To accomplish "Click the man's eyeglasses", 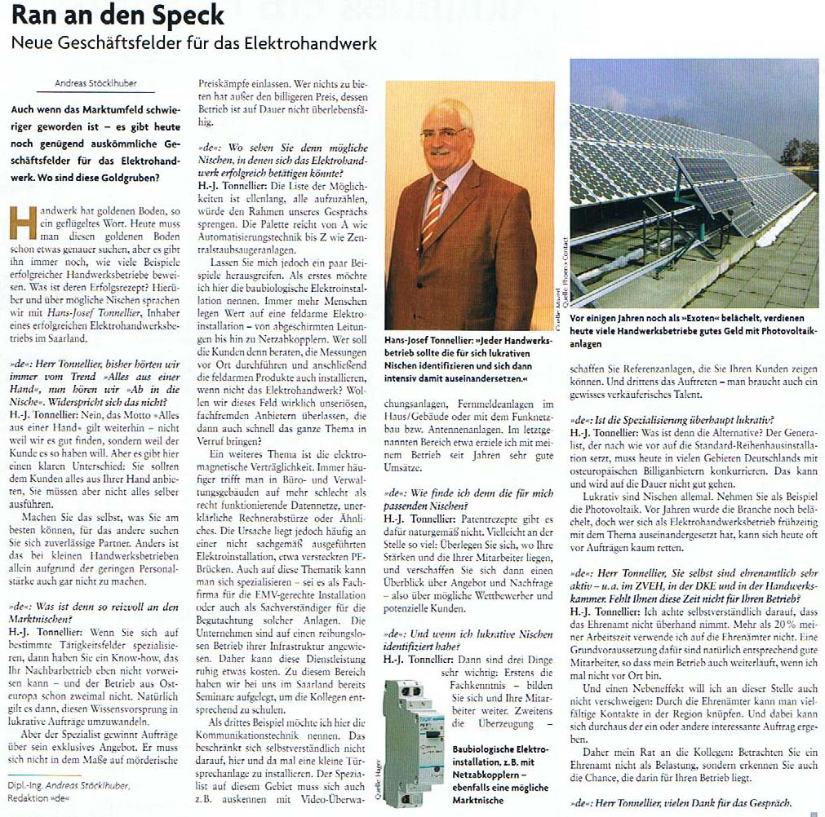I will click(444, 132).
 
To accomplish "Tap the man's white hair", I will click(446, 111).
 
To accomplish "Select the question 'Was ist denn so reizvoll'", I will click(96, 607).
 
